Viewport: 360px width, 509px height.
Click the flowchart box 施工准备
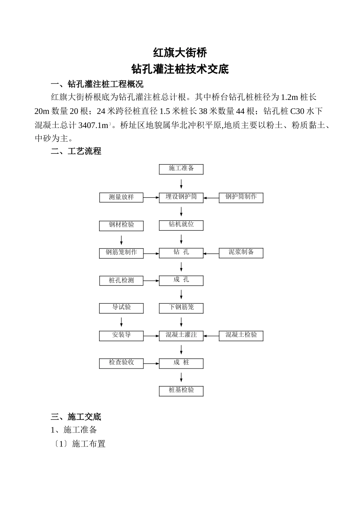click(181, 169)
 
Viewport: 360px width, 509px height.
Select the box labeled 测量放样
click(121, 197)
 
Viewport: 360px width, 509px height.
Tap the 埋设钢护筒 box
click(181, 197)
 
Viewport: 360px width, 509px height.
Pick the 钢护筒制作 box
click(241, 197)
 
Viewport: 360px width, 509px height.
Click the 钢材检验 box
click(121, 225)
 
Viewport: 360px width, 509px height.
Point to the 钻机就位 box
click(181, 225)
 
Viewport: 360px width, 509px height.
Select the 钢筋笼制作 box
click(121, 253)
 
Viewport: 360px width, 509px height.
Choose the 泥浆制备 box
click(241, 253)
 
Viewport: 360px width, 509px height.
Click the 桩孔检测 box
click(121, 281)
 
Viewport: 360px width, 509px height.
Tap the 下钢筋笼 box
click(181, 308)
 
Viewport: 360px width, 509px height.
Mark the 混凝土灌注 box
click(181, 336)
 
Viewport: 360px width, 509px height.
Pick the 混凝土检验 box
click(241, 336)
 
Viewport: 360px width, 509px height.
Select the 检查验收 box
click(121, 363)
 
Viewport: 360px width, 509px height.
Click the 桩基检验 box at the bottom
click(181, 391)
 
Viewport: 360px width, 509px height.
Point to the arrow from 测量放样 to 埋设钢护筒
click(151, 197)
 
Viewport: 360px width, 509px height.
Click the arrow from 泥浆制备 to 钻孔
click(211, 253)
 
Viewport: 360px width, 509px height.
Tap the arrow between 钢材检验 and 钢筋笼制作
click(121, 240)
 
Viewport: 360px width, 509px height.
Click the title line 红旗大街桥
click(180, 52)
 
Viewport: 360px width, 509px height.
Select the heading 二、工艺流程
click(76, 151)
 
